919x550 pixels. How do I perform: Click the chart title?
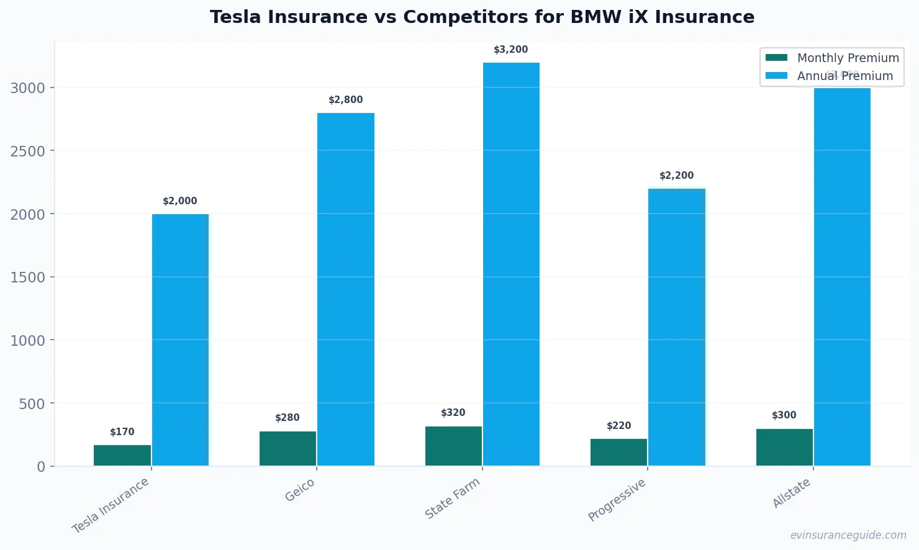pos(482,17)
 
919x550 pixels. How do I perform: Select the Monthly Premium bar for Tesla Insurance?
pos(122,455)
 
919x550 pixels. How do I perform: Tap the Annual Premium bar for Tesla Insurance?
pos(180,340)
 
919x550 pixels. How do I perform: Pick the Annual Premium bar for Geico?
pos(346,289)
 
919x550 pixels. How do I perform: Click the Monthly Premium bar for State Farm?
pos(453,446)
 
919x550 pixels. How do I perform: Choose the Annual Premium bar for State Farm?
pos(511,264)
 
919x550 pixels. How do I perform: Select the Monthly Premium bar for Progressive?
pos(618,452)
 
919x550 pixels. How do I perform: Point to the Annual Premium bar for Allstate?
pos(842,277)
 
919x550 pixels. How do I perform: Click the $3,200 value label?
pos(510,50)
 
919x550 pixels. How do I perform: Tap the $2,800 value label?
pos(345,100)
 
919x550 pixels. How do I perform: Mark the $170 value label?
pos(122,432)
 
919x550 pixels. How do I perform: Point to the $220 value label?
pos(618,426)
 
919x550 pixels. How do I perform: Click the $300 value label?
pos(784,415)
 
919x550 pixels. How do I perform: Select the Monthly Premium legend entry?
pos(832,58)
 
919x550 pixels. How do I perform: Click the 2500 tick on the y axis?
pos(28,151)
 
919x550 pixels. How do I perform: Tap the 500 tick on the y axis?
pos(32,404)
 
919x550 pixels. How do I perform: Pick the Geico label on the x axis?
pos(300,490)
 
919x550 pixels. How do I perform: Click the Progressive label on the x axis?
pos(617,500)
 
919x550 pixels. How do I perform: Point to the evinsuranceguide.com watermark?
pos(848,535)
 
